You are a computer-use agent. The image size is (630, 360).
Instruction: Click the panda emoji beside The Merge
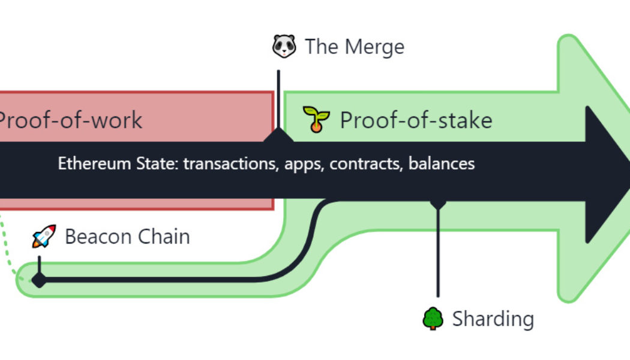pyautogui.click(x=284, y=46)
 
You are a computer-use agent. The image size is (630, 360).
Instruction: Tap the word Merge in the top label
pyautogui.click(x=376, y=47)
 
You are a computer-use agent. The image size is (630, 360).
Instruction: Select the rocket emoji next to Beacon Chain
pyautogui.click(x=44, y=236)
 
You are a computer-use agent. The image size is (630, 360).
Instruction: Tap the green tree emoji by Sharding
pyautogui.click(x=433, y=318)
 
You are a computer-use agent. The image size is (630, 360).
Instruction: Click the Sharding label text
pyautogui.click(x=493, y=318)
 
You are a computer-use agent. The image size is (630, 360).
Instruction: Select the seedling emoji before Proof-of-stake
pyautogui.click(x=316, y=119)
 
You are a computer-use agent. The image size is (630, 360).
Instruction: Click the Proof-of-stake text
pyautogui.click(x=416, y=120)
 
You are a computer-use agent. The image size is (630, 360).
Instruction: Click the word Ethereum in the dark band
pyautogui.click(x=88, y=163)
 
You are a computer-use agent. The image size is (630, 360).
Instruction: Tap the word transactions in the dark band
pyautogui.click(x=229, y=163)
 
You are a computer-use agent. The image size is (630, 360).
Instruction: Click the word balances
pyautogui.click(x=442, y=163)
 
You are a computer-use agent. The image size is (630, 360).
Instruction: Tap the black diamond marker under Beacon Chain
pyautogui.click(x=39, y=280)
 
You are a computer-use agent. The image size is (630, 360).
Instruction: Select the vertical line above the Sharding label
pyautogui.click(x=438, y=252)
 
